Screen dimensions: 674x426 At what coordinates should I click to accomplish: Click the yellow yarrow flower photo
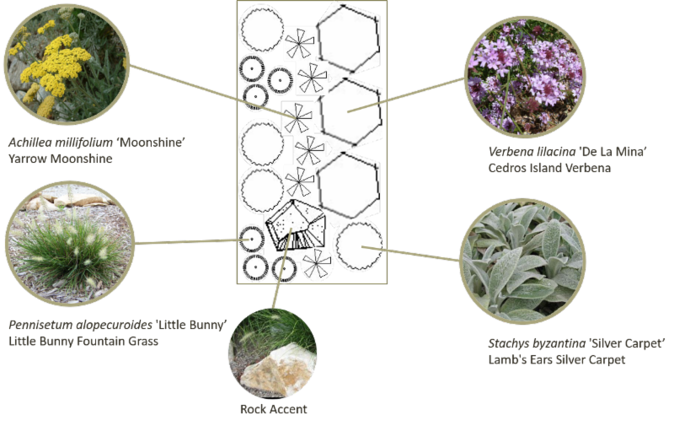[67, 65]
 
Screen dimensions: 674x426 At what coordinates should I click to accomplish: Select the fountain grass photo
[70, 244]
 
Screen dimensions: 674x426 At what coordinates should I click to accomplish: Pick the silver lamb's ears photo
[522, 262]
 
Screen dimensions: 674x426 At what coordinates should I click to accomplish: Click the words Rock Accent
[273, 409]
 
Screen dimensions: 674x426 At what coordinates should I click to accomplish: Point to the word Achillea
[29, 143]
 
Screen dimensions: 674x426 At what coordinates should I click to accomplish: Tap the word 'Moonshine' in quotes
[151, 143]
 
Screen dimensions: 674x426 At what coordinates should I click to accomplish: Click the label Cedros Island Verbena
[549, 168]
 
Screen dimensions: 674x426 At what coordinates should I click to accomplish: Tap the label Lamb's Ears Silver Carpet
[557, 359]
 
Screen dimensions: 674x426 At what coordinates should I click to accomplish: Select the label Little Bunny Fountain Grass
[83, 342]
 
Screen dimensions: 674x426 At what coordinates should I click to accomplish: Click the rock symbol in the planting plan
[296, 225]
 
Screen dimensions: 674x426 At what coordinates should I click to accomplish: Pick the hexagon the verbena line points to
[350, 111]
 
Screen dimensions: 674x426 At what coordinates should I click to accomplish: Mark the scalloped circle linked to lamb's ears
[360, 245]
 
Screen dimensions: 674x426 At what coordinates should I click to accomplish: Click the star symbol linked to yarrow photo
[297, 118]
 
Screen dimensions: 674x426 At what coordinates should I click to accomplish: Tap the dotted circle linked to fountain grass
[251, 239]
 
